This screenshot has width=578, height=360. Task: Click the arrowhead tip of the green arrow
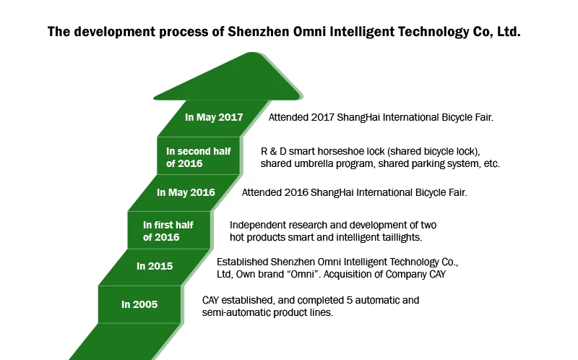pyautogui.click(x=253, y=53)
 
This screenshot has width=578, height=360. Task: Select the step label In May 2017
pyautogui.click(x=214, y=117)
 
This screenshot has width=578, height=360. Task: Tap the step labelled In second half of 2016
pyautogui.click(x=198, y=157)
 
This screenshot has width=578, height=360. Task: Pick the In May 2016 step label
pyautogui.click(x=186, y=192)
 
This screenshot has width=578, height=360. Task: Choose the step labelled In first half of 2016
pyautogui.click(x=168, y=231)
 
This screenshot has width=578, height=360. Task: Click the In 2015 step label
pyautogui.click(x=155, y=266)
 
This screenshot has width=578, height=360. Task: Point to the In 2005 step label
pyautogui.click(x=139, y=304)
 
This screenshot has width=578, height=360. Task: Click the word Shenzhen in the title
pyautogui.click(x=259, y=32)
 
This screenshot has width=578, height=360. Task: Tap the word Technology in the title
pyautogui.click(x=433, y=32)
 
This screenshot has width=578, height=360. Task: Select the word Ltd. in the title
pyautogui.click(x=509, y=32)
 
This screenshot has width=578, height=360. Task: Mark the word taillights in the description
pyautogui.click(x=402, y=237)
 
